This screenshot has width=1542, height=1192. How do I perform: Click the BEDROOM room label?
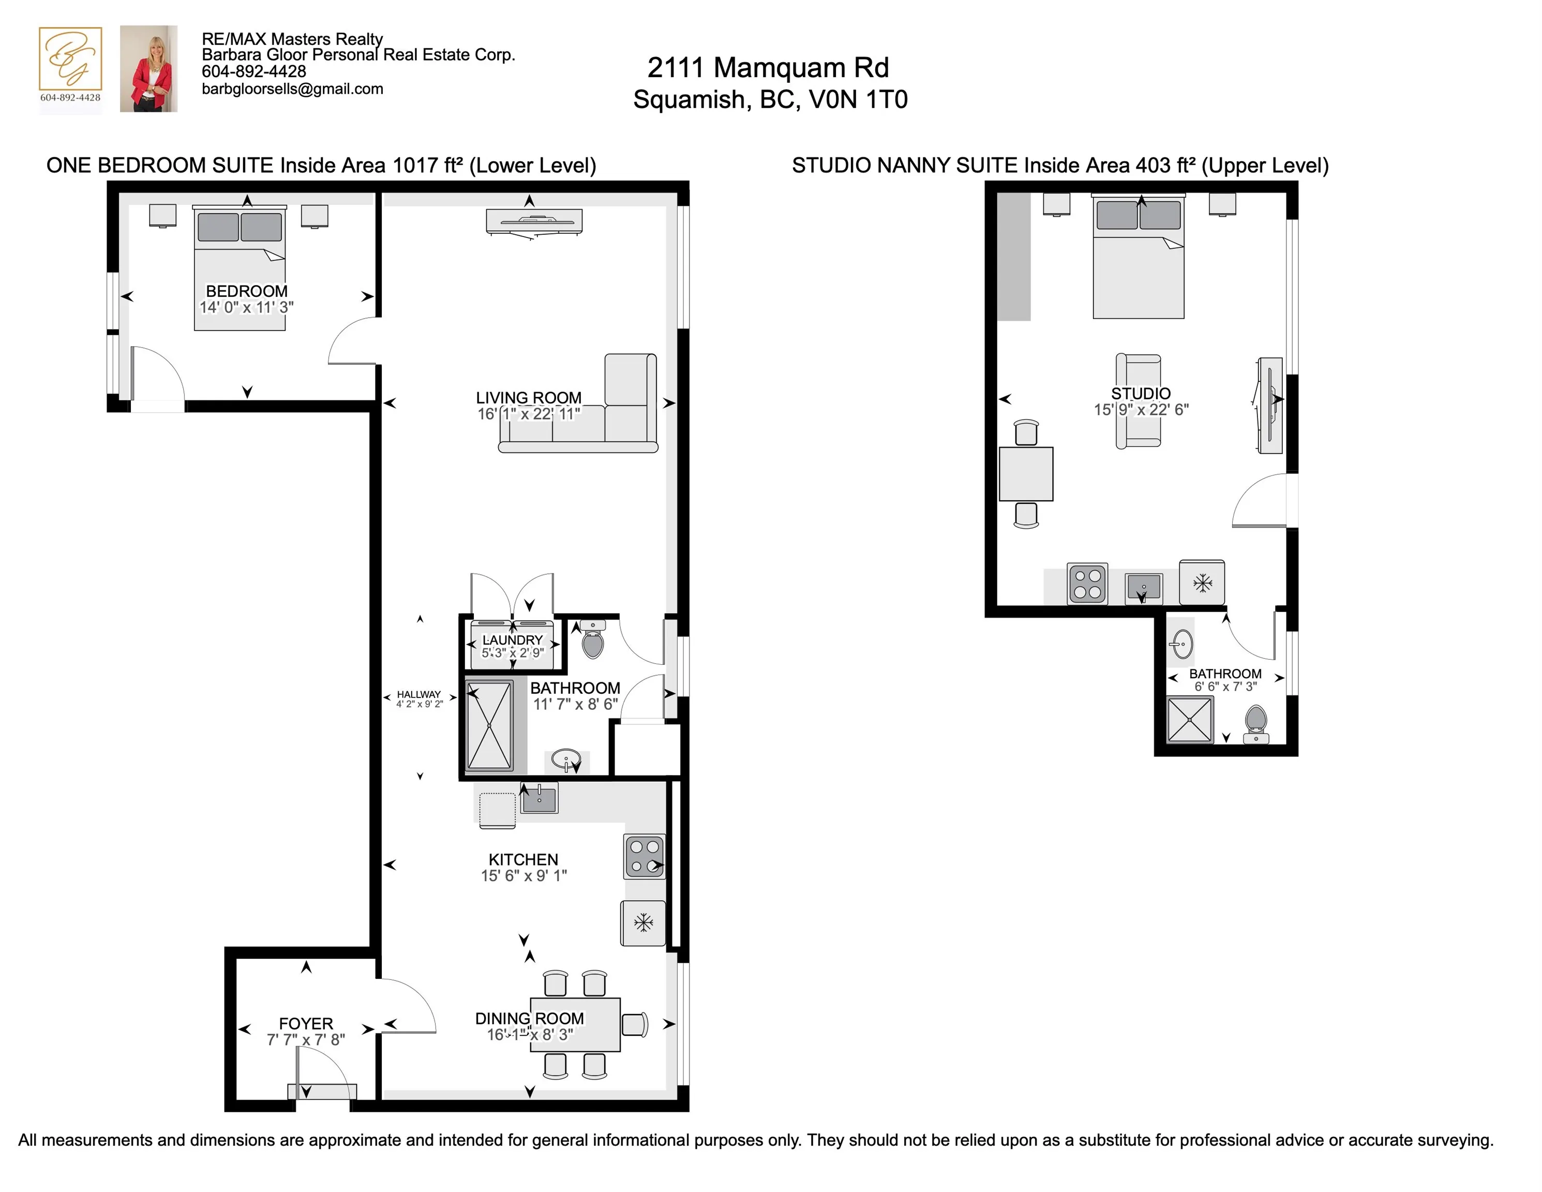pyautogui.click(x=246, y=291)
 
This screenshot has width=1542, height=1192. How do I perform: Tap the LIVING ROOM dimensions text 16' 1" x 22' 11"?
pyautogui.click(x=529, y=414)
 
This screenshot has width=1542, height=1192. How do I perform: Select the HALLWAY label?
pyautogui.click(x=418, y=694)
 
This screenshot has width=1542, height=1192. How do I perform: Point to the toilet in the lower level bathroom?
pyautogui.click(x=592, y=641)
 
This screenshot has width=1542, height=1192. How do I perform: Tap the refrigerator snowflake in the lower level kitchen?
pyautogui.click(x=643, y=922)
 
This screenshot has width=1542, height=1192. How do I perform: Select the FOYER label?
pyautogui.click(x=306, y=1023)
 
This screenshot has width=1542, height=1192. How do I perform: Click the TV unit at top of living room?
pyautogui.click(x=534, y=222)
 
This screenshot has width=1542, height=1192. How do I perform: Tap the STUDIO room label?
pyautogui.click(x=1140, y=393)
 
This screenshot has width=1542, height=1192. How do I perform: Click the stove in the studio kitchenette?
pyautogui.click(x=1087, y=583)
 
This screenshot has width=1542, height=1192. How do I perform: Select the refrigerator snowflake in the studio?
pyautogui.click(x=1202, y=583)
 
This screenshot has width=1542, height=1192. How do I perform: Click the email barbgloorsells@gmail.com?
pyautogui.click(x=292, y=89)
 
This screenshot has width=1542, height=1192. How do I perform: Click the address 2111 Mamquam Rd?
pyautogui.click(x=768, y=68)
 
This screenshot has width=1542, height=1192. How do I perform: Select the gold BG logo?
pyautogui.click(x=70, y=59)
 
